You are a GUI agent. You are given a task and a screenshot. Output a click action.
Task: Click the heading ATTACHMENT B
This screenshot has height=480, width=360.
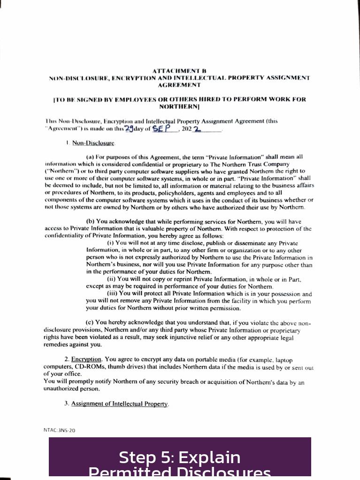(179, 70)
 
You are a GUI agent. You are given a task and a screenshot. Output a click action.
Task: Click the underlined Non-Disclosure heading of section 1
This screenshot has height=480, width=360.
(93, 143)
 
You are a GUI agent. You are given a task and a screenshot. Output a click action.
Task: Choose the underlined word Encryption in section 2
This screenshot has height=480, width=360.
(86, 359)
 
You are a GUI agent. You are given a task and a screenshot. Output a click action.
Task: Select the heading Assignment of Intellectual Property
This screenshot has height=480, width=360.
(120, 404)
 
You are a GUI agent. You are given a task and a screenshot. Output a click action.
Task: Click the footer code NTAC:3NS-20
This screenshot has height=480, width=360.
(59, 430)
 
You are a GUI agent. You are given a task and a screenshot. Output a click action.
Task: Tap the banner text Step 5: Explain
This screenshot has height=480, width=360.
(179, 457)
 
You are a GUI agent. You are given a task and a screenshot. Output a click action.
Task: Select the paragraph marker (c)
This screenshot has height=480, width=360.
(90, 322)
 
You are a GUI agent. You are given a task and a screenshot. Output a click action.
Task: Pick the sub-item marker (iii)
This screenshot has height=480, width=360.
(112, 294)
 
